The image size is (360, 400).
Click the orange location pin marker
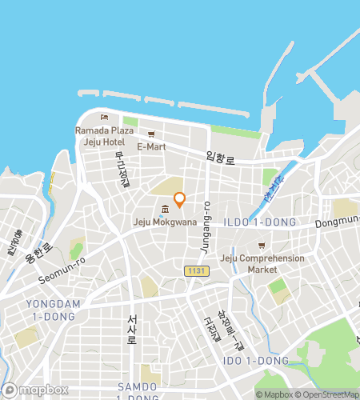[180, 199]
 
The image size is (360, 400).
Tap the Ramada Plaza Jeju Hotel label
[104, 136]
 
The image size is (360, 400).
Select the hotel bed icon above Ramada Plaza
[103, 118]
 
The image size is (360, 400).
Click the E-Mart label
[150, 147]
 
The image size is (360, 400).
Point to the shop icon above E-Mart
[150, 134]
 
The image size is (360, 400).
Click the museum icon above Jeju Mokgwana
[164, 210]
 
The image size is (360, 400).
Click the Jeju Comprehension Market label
[262, 263]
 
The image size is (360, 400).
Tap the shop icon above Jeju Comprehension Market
[261, 245]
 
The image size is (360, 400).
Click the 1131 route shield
[195, 272]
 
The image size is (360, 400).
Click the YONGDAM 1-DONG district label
[50, 310]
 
